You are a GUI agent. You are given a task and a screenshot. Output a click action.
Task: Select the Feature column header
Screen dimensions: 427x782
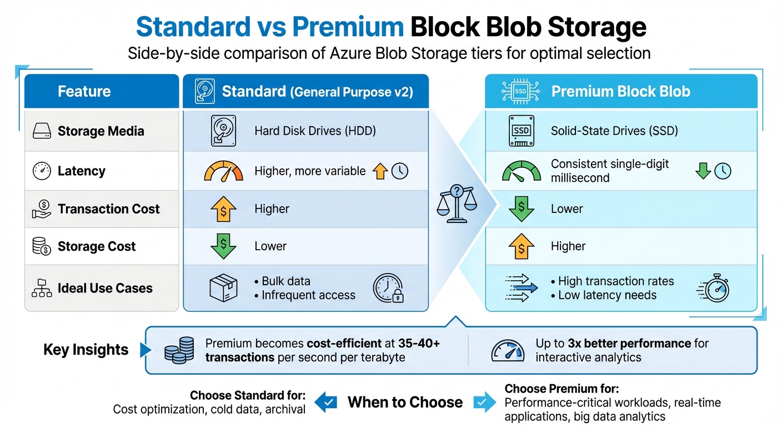pos(84,91)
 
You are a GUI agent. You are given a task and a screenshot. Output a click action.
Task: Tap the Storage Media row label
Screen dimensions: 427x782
pos(101,131)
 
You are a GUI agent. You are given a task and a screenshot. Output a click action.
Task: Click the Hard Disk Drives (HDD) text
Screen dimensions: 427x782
pos(315,131)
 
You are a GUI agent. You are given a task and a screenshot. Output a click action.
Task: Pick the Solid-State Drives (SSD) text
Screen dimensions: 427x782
pos(614,131)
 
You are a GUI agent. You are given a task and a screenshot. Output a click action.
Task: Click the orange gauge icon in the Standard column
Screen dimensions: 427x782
pos(224,171)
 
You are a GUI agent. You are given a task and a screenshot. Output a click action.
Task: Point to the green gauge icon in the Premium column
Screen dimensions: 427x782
pos(521,171)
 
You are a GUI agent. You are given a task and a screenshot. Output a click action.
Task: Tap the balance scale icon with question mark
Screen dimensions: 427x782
pos(457,203)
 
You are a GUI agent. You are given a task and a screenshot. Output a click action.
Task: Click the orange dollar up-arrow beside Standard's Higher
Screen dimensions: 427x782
pos(223,210)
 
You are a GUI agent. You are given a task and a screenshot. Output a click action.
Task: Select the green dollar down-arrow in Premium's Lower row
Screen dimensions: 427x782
pos(521,210)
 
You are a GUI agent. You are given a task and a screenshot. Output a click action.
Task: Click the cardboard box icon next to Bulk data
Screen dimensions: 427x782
pos(223,288)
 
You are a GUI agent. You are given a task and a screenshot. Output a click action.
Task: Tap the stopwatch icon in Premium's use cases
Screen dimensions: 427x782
pos(714,288)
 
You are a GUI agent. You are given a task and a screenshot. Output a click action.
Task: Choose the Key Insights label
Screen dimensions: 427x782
pos(86,350)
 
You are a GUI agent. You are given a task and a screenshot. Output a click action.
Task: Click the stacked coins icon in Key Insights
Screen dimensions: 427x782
pos(179,350)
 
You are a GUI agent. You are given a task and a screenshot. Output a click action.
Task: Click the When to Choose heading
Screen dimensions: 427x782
pos(405,403)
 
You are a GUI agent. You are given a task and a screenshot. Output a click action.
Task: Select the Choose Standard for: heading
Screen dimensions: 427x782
pos(248,395)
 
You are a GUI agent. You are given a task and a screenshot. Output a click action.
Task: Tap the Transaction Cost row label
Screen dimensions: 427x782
pos(108,209)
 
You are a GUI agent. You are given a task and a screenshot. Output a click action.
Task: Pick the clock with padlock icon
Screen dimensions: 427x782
pos(388,288)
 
